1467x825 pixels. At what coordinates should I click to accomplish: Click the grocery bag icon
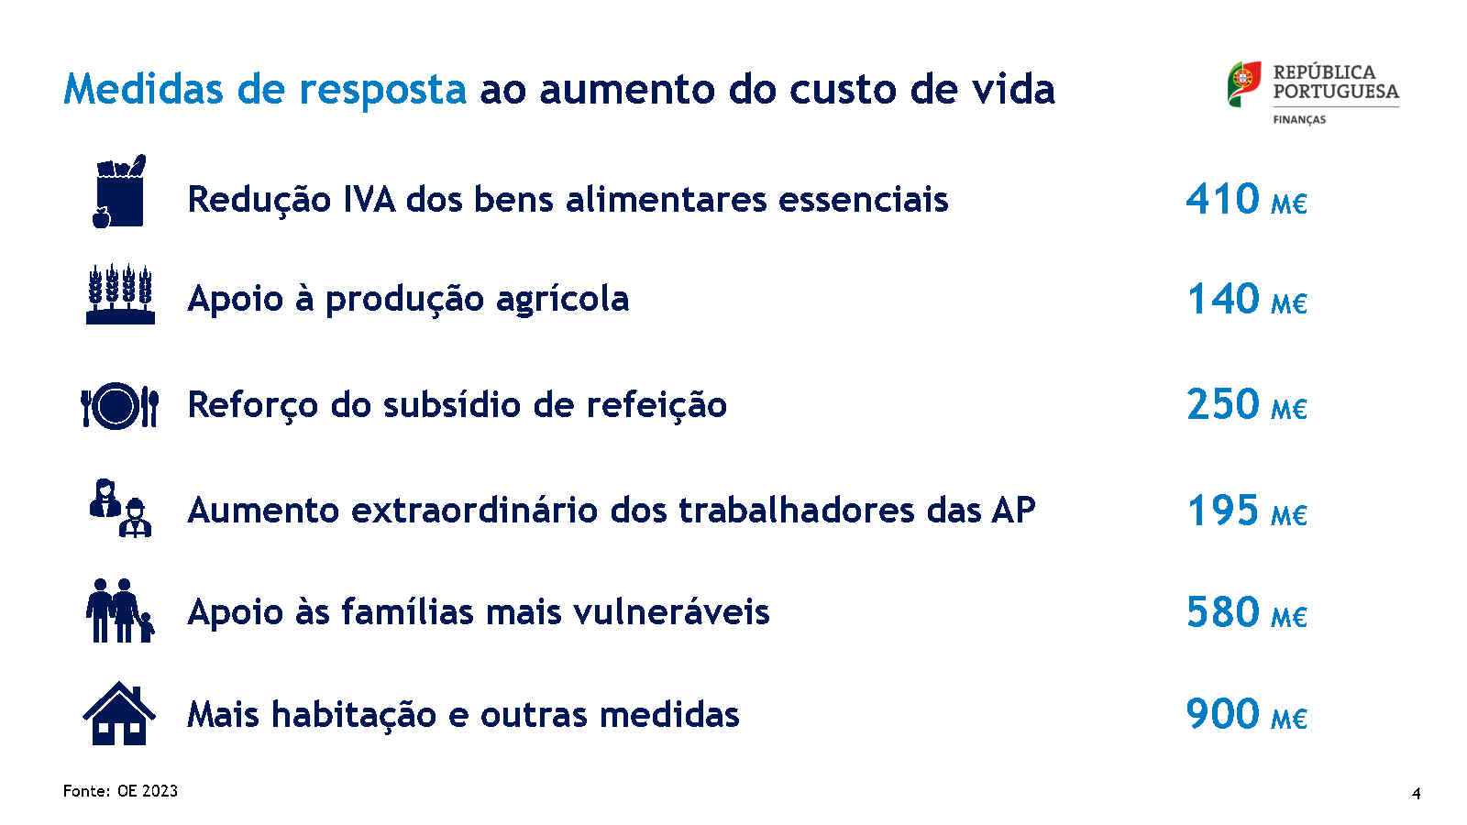119,192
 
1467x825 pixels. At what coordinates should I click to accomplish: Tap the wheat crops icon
120,294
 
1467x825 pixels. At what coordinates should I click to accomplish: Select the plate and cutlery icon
119,406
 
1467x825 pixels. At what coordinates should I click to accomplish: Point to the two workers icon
120,508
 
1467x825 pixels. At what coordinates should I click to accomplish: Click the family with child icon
120,610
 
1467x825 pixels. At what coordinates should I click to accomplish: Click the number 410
1223,198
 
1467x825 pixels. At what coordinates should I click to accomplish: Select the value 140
1223,299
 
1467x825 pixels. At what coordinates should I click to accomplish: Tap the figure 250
1223,404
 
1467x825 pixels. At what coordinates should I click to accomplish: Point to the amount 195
1223,510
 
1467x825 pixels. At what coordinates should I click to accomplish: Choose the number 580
1223,612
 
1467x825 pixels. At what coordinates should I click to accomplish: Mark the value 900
1223,714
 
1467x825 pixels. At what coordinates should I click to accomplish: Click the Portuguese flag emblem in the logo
1244,83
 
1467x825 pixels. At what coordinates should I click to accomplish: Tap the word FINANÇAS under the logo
1299,120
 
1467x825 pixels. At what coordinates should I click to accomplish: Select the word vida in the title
1013,88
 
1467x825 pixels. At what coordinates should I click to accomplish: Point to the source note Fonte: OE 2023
120,791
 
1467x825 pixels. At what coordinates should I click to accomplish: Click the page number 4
1417,794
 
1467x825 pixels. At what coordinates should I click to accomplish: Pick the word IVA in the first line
370,199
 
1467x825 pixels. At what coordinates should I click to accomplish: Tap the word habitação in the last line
354,714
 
